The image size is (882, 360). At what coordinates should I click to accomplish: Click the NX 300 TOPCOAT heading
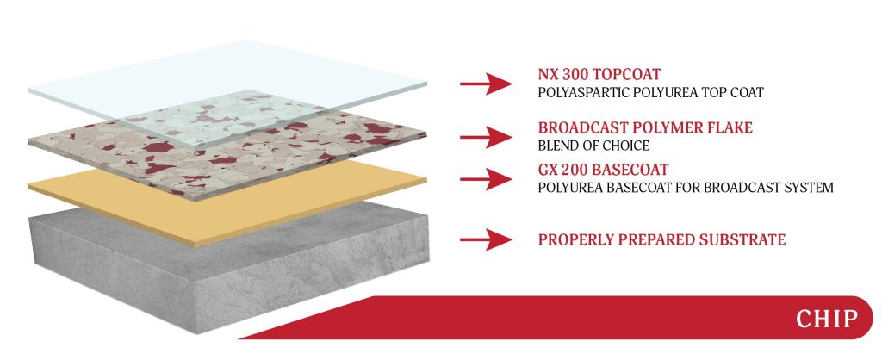pyautogui.click(x=599, y=75)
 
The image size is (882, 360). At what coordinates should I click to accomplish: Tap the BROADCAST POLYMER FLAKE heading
pyautogui.click(x=645, y=128)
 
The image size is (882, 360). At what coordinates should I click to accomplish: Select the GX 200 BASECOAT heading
pyautogui.click(x=603, y=170)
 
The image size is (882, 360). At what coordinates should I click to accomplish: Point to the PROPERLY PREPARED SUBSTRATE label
pyautogui.click(x=662, y=239)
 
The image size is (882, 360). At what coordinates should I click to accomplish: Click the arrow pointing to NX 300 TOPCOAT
pyautogui.click(x=486, y=84)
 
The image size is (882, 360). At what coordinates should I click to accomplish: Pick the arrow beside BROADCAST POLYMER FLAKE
pyautogui.click(x=486, y=137)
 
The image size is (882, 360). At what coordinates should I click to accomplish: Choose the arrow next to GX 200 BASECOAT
pyautogui.click(x=486, y=179)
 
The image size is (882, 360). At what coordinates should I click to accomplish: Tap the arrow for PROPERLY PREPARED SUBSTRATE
pyautogui.click(x=486, y=239)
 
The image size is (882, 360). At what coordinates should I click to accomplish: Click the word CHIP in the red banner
pyautogui.click(x=826, y=319)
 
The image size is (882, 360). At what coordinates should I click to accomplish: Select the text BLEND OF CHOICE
pyautogui.click(x=593, y=146)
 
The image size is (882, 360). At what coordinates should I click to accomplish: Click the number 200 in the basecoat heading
pyautogui.click(x=575, y=170)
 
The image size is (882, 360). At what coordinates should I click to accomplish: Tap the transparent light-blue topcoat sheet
pyautogui.click(x=225, y=84)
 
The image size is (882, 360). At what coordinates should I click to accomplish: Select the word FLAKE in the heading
pyautogui.click(x=727, y=128)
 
